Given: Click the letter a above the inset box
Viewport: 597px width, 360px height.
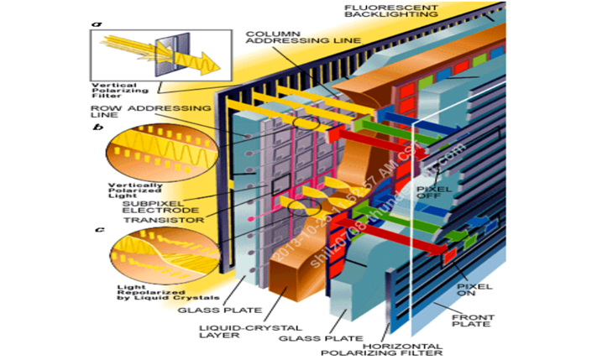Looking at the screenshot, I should tap(98, 23).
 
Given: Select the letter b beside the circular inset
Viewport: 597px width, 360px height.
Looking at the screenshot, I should tap(99, 127).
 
